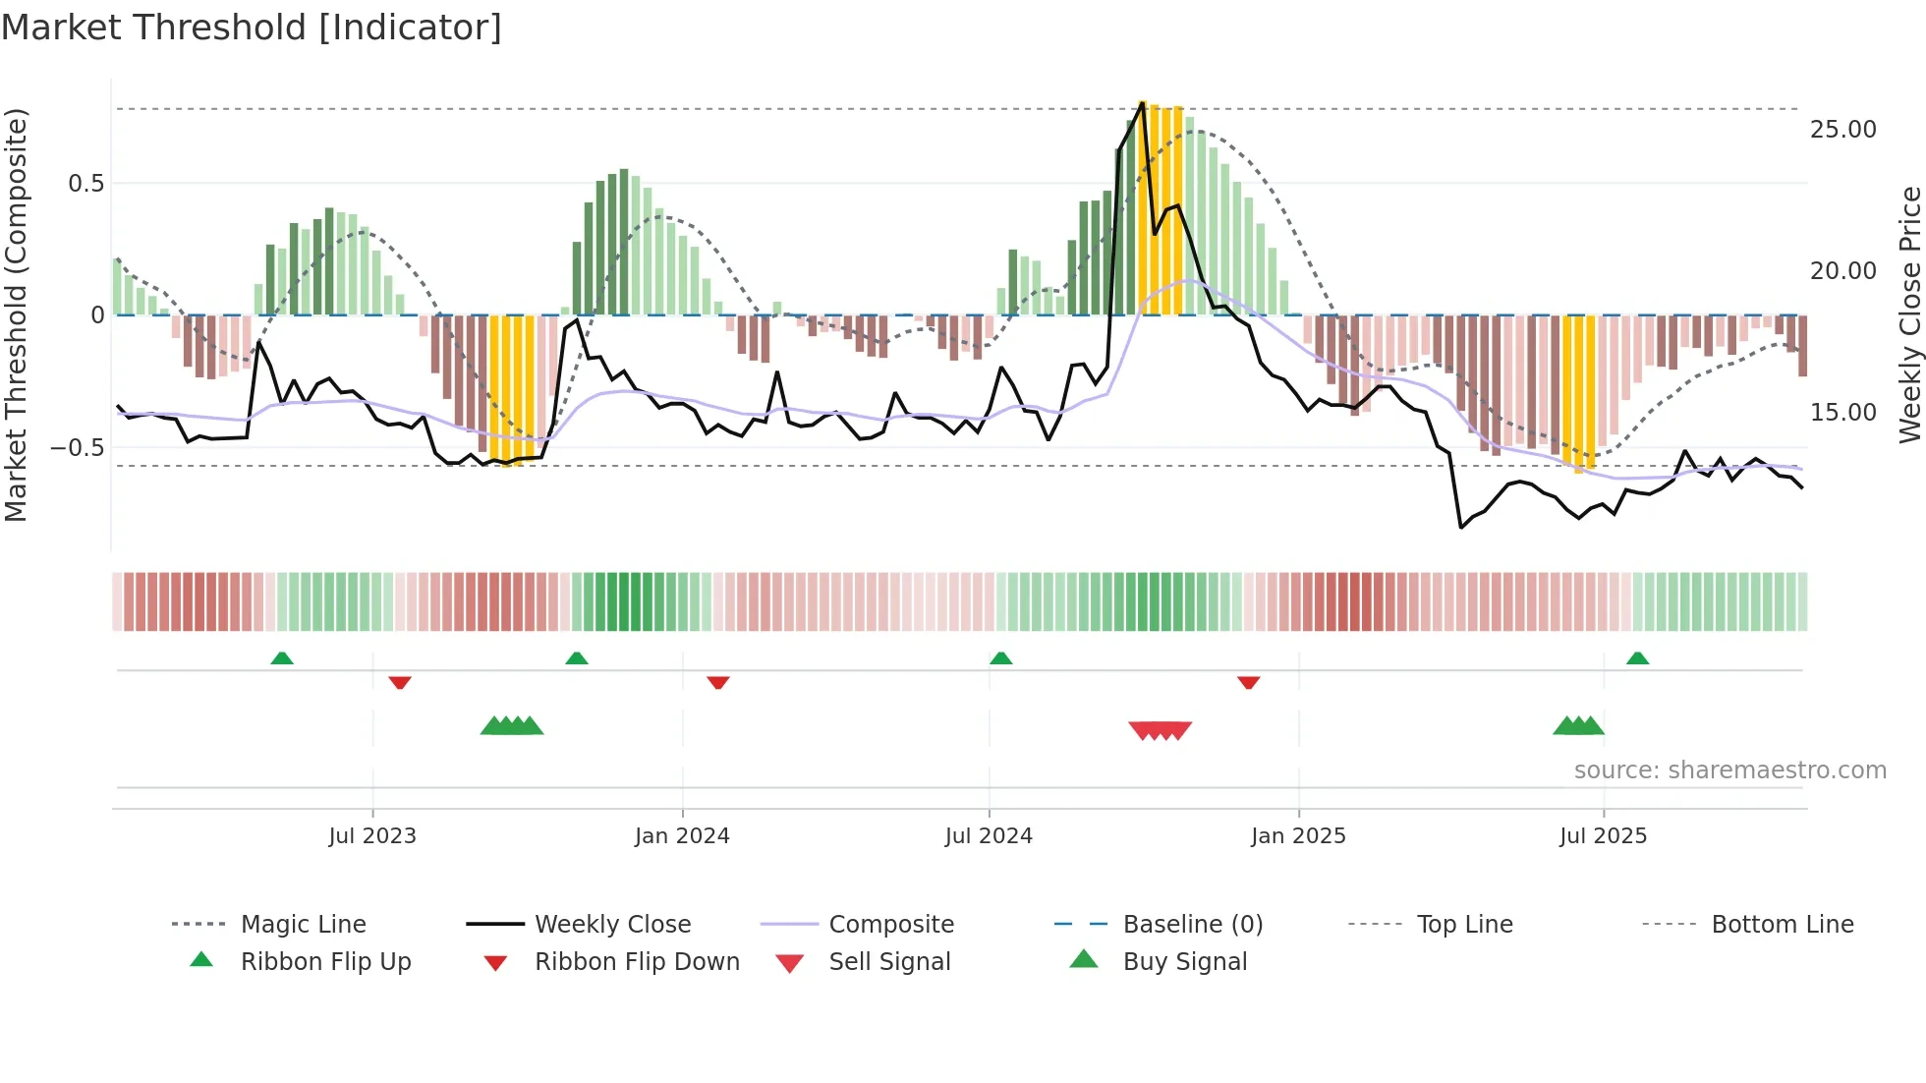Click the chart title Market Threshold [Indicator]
252,28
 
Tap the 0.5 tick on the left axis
85,184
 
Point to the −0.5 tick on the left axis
78,447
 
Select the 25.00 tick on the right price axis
1842,130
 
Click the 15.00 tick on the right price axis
1842,413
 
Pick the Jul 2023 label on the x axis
372,836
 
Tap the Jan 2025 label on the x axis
1298,836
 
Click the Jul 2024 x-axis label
989,836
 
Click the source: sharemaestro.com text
1729,770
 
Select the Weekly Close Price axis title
1909,314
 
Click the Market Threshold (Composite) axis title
16,314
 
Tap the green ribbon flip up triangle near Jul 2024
1000,658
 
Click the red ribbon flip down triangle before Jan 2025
1248,682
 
